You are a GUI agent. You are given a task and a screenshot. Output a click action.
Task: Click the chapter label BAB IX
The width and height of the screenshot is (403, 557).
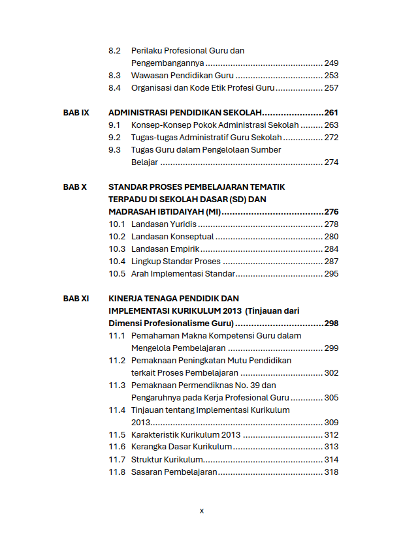76,113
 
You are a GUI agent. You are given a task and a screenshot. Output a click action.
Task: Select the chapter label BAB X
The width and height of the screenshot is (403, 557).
74,187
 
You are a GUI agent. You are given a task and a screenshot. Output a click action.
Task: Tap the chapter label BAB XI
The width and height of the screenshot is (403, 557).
76,299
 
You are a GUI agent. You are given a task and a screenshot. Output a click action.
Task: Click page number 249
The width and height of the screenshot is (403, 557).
331,63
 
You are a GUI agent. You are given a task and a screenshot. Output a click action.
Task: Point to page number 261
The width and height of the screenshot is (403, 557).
331,113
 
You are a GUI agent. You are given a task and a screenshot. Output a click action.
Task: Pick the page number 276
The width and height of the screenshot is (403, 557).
331,212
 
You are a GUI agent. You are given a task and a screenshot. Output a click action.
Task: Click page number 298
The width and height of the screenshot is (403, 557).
331,324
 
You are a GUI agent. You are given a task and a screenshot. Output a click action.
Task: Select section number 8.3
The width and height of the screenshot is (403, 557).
114,76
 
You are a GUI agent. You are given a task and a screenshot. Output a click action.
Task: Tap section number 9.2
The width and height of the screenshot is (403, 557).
114,138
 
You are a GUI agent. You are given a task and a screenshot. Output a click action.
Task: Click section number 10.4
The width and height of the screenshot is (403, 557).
116,262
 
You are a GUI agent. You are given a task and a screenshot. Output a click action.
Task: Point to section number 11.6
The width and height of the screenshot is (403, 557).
116,447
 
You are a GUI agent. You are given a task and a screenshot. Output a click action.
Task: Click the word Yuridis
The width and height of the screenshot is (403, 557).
184,224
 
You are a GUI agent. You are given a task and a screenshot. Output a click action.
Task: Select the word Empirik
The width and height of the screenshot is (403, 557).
184,249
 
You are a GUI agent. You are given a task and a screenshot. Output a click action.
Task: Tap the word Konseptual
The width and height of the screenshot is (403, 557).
192,237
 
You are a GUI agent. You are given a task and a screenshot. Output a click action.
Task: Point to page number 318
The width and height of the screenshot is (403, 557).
331,472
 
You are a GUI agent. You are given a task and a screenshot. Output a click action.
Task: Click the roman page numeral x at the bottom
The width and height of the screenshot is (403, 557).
201,511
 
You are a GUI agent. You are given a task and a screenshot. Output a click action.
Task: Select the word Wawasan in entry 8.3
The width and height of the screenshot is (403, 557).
148,76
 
